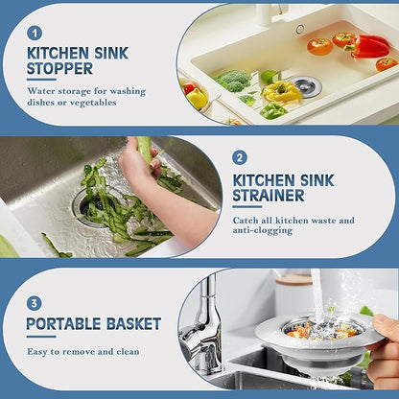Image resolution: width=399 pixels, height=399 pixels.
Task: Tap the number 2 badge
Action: [x=240, y=156]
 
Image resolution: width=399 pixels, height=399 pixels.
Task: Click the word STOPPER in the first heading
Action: [x=60, y=69]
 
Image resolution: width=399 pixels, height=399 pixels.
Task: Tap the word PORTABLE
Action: [x=63, y=324]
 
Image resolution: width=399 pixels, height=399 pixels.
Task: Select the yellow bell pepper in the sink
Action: [x=282, y=92]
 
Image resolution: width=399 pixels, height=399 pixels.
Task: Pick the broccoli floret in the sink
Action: [x=233, y=81]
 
